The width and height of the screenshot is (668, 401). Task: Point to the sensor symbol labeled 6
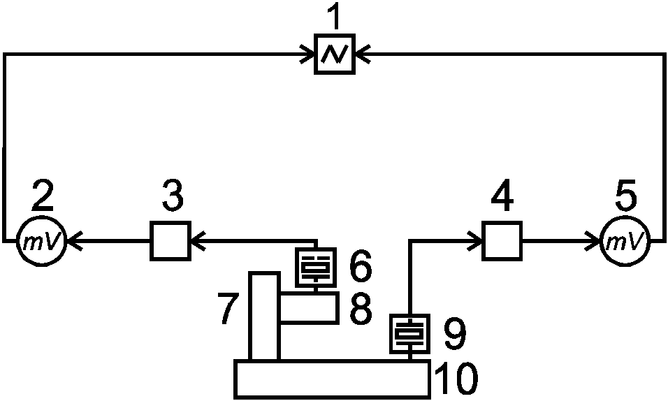(316, 267)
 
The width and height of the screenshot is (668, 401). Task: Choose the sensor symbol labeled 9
(409, 334)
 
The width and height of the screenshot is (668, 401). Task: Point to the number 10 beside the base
(456, 379)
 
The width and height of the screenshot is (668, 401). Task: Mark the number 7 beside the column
(228, 309)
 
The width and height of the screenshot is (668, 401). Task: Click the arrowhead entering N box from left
(307, 54)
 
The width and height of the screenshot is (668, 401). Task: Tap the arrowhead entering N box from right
(363, 54)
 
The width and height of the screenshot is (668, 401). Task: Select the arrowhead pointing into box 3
(198, 241)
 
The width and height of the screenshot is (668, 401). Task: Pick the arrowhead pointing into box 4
(474, 241)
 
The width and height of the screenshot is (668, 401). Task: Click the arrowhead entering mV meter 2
(74, 241)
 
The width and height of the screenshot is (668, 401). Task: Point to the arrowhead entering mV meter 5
(592, 241)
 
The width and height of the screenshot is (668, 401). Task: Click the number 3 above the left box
(173, 195)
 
